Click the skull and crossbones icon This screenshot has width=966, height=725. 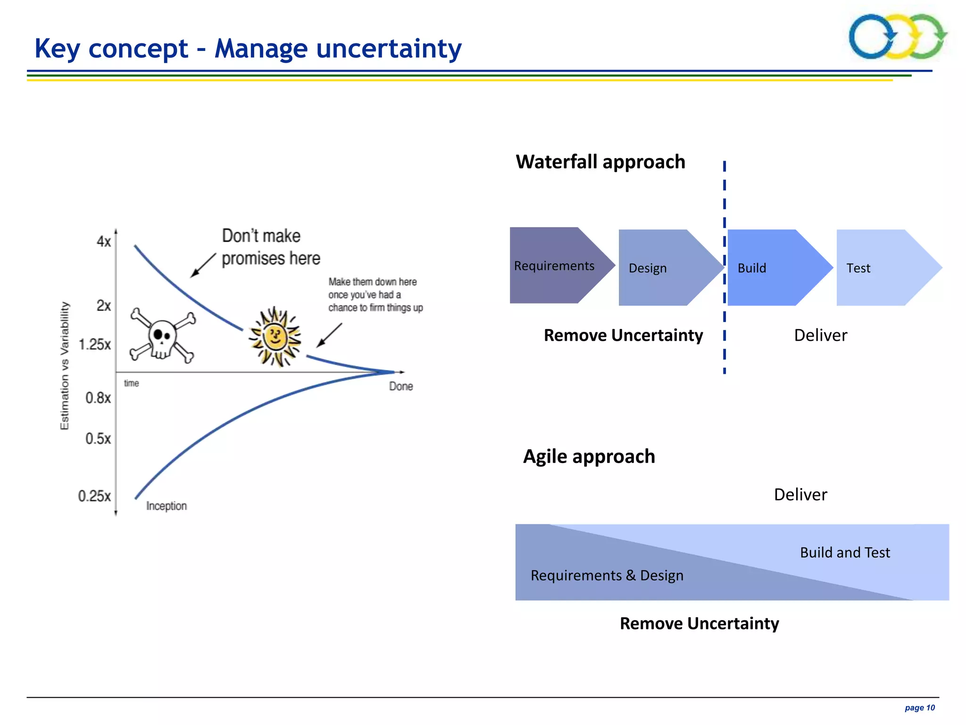point(162,336)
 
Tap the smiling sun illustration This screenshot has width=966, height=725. point(275,337)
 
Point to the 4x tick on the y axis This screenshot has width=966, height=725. point(104,242)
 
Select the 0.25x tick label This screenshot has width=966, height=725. point(94,496)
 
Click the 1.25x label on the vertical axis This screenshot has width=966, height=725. point(95,345)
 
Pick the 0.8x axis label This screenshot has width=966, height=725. point(98,398)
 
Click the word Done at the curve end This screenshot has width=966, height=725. point(401,386)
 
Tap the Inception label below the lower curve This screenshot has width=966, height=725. point(167,506)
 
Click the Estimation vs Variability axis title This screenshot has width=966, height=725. point(65,366)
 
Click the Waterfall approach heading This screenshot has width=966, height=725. point(600,162)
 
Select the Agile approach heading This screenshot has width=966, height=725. point(589,456)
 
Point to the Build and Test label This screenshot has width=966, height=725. point(845,552)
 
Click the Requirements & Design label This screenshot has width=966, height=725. point(607,575)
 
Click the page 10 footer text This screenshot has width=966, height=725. point(919,708)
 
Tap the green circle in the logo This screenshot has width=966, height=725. point(928,37)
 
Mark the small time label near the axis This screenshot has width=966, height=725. point(132,383)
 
